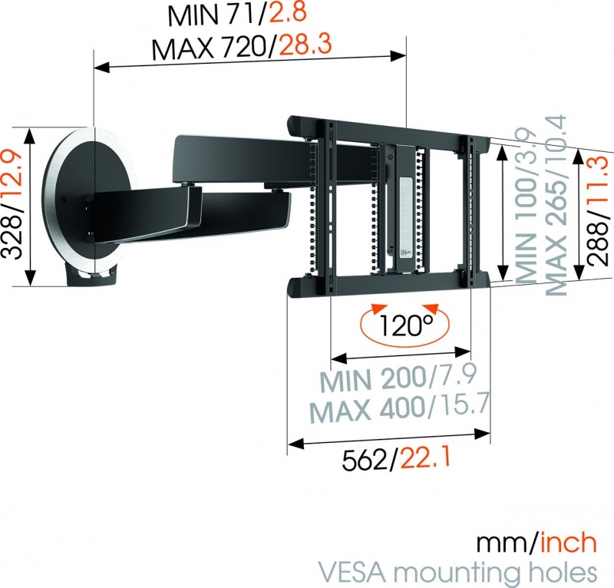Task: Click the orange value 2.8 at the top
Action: pyautogui.click(x=287, y=13)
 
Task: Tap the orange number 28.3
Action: pyautogui.click(x=305, y=45)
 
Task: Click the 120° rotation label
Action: pyautogui.click(x=406, y=325)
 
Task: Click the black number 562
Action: pyautogui.click(x=365, y=460)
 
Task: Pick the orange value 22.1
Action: pyautogui.click(x=426, y=458)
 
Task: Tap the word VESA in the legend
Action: pyautogui.click(x=355, y=572)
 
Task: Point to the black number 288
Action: pyautogui.click(x=599, y=243)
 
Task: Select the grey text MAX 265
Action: pyautogui.click(x=556, y=205)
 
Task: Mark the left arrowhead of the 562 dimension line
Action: pyautogui.click(x=295, y=444)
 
